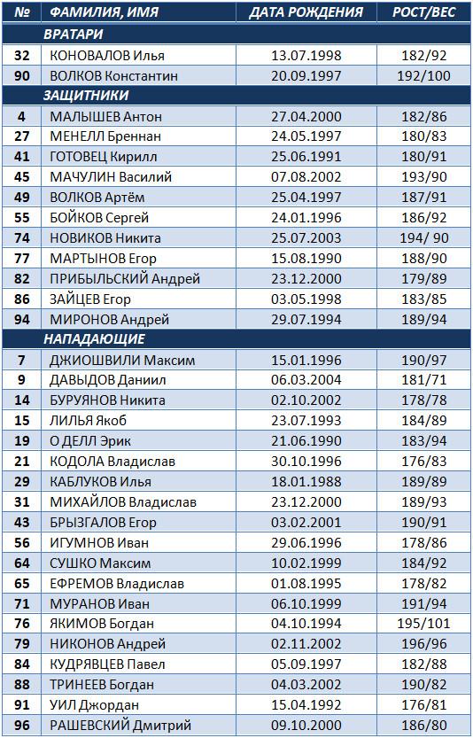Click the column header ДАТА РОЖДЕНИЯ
[x=306, y=12]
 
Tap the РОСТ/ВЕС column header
[x=424, y=12]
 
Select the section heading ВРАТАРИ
[x=73, y=35]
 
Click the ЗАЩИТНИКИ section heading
[x=86, y=96]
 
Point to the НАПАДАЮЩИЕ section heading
[x=95, y=339]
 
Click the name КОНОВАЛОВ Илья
[x=107, y=56]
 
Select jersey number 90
[x=21, y=76]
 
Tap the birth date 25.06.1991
[x=306, y=157]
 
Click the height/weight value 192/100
[x=423, y=76]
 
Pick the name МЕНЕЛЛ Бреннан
[x=105, y=136]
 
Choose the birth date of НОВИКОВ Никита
[x=306, y=238]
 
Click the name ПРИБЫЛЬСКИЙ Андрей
[x=125, y=278]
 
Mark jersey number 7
[x=21, y=360]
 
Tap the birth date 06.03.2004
[x=306, y=380]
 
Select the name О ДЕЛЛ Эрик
[x=89, y=441]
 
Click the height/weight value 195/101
[x=423, y=624]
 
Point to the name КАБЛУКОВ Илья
[x=100, y=482]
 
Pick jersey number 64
[x=21, y=563]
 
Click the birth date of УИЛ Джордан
[x=306, y=705]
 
